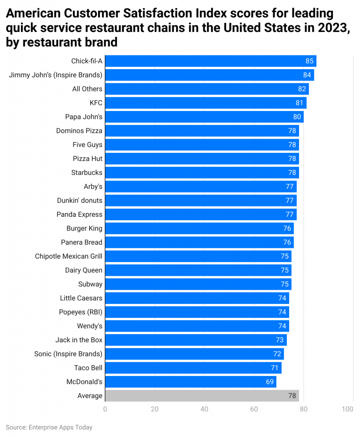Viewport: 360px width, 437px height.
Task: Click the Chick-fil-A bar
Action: [x=210, y=61]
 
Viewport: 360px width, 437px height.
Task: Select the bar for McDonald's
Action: [x=190, y=382]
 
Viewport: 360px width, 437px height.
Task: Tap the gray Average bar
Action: [x=201, y=396]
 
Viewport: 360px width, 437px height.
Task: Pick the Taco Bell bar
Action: [x=193, y=367]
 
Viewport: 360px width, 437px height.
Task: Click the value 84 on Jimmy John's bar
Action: [x=307, y=75]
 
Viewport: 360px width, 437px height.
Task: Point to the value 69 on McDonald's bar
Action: [x=270, y=382]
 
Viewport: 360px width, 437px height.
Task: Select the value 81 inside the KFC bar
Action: [x=299, y=103]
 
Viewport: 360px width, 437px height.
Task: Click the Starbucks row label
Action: [x=87, y=172]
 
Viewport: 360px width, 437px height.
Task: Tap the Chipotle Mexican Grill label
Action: [x=69, y=256]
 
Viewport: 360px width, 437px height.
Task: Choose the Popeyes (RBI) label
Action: [x=81, y=312]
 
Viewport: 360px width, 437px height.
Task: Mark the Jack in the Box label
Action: [x=79, y=340]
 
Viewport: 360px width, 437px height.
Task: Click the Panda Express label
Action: [x=79, y=214]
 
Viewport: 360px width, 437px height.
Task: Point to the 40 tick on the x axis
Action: [x=204, y=409]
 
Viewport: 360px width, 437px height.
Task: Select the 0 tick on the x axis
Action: [x=105, y=409]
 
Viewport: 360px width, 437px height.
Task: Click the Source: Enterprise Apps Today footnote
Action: [x=49, y=427]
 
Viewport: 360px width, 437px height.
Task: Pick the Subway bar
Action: [x=198, y=284]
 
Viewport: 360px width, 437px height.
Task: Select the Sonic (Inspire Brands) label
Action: [x=68, y=354]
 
